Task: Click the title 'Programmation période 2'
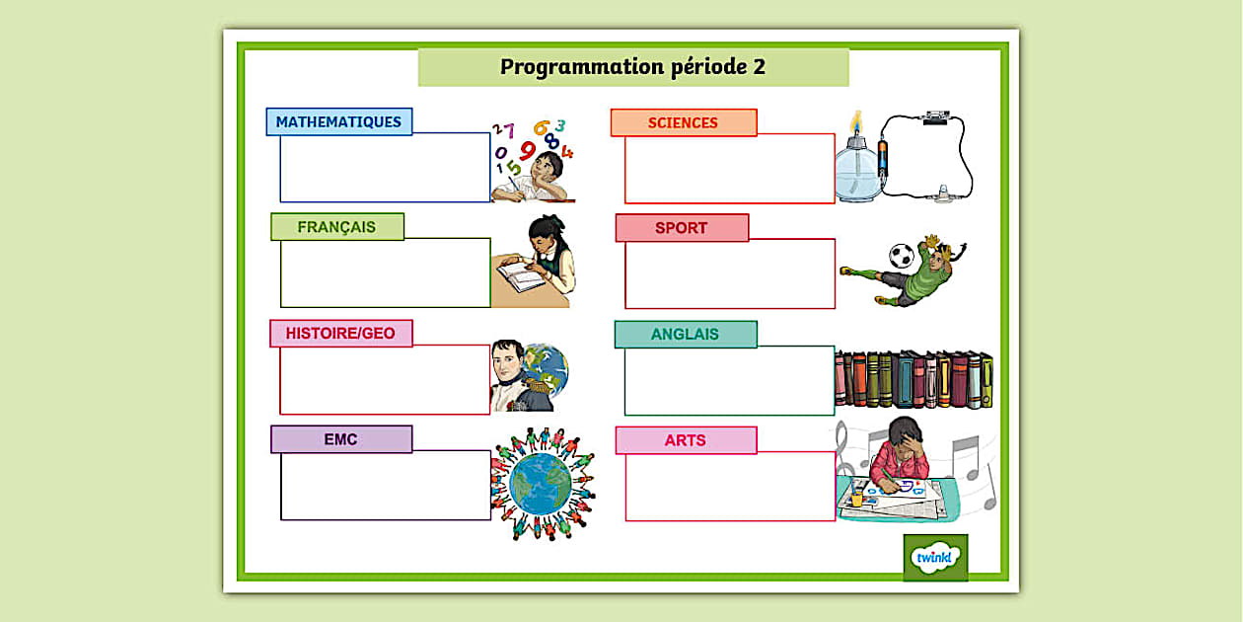[632, 67]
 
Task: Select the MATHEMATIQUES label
[338, 122]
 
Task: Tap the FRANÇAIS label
[336, 227]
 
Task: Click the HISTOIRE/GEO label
[340, 334]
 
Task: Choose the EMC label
[340, 439]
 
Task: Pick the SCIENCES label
[683, 123]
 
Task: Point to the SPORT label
[681, 228]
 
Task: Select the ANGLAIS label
[685, 335]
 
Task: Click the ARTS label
[685, 440]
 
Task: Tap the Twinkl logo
[934, 558]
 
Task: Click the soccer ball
[902, 256]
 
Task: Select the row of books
[914, 379]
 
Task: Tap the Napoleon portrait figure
[510, 376]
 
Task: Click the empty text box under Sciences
[729, 169]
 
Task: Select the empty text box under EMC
[385, 486]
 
